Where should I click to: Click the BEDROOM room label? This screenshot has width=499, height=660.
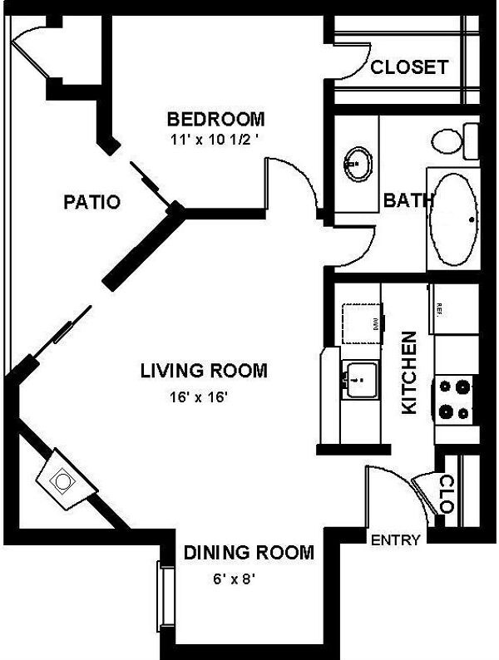click(x=215, y=118)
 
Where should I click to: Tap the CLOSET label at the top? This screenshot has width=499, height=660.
click(x=408, y=67)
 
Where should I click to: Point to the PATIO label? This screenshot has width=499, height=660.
click(x=91, y=202)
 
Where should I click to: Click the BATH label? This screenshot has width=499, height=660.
click(x=408, y=200)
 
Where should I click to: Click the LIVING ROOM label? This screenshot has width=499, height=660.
click(x=204, y=371)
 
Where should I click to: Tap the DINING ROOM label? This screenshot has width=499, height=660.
click(x=249, y=552)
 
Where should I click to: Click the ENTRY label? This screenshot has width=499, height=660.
click(x=395, y=540)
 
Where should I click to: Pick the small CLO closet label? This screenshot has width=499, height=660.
click(x=446, y=494)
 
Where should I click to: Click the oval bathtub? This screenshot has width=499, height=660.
click(x=454, y=219)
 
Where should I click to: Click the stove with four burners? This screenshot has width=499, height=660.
click(x=454, y=398)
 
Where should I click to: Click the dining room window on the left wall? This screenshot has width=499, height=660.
click(x=165, y=597)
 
